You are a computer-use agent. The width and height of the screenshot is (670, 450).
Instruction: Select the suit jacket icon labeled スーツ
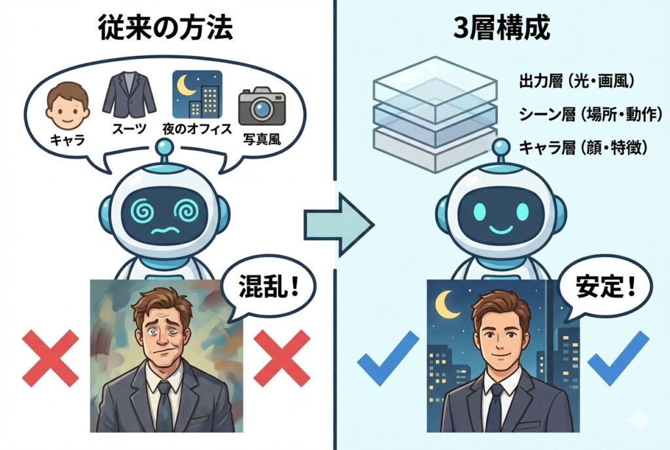pos(130,96)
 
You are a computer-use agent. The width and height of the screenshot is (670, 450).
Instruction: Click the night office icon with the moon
pos(197,93)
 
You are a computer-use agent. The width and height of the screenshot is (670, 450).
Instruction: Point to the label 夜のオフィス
pos(197,128)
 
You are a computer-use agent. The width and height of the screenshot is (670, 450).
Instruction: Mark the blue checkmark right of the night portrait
pos(618,357)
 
